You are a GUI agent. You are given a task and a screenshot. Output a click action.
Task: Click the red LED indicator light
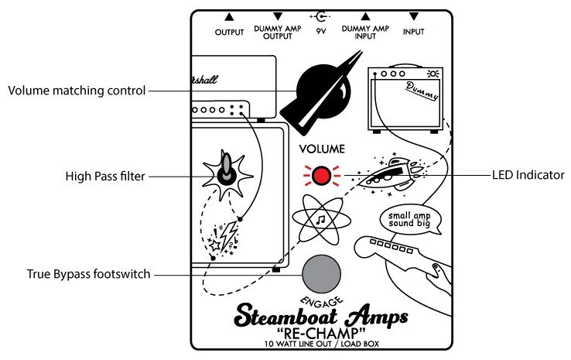click(322, 176)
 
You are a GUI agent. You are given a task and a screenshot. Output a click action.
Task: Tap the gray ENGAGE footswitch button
click(322, 274)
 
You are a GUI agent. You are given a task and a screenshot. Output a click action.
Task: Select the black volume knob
click(322, 92)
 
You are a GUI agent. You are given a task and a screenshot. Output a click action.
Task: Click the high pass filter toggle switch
click(227, 170)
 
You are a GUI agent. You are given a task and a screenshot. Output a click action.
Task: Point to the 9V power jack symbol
click(320, 16)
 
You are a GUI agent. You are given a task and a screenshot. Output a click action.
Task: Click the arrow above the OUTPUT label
click(229, 16)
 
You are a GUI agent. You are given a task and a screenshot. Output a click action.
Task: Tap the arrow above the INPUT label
click(414, 16)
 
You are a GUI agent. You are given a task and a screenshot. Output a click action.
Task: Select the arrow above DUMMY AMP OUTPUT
click(278, 16)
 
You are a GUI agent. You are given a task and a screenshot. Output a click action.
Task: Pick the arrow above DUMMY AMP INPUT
click(365, 16)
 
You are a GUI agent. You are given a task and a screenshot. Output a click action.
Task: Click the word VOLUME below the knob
click(322, 149)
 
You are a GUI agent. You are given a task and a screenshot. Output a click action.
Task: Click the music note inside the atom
click(321, 220)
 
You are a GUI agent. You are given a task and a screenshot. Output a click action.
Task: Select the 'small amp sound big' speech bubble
click(410, 219)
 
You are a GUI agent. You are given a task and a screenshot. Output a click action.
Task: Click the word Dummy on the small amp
click(422, 91)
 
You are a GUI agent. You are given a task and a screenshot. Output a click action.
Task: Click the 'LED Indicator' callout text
click(528, 175)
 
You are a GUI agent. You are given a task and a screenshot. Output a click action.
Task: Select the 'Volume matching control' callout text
click(77, 91)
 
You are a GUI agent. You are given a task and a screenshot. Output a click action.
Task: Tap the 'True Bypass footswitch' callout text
click(88, 274)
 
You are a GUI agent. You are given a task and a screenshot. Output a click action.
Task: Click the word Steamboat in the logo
click(286, 316)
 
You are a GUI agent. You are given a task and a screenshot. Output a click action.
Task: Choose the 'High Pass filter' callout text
click(105, 177)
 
